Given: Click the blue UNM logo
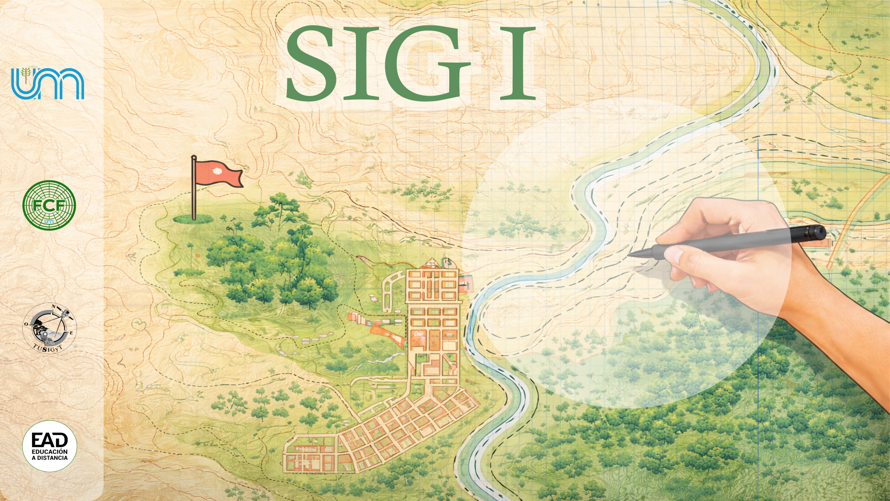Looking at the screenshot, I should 48,83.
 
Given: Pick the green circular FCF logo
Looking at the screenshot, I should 49,205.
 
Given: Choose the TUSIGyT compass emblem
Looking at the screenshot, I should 50,328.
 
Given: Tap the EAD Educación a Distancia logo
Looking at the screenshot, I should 50,446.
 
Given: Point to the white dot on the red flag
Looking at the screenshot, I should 216,171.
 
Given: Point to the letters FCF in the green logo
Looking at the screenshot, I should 49,205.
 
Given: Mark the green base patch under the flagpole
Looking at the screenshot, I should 193,219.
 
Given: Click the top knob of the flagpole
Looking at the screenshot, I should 194,157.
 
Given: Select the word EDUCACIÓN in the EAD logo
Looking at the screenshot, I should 50,451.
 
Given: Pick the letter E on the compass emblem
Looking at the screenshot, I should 71,333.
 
